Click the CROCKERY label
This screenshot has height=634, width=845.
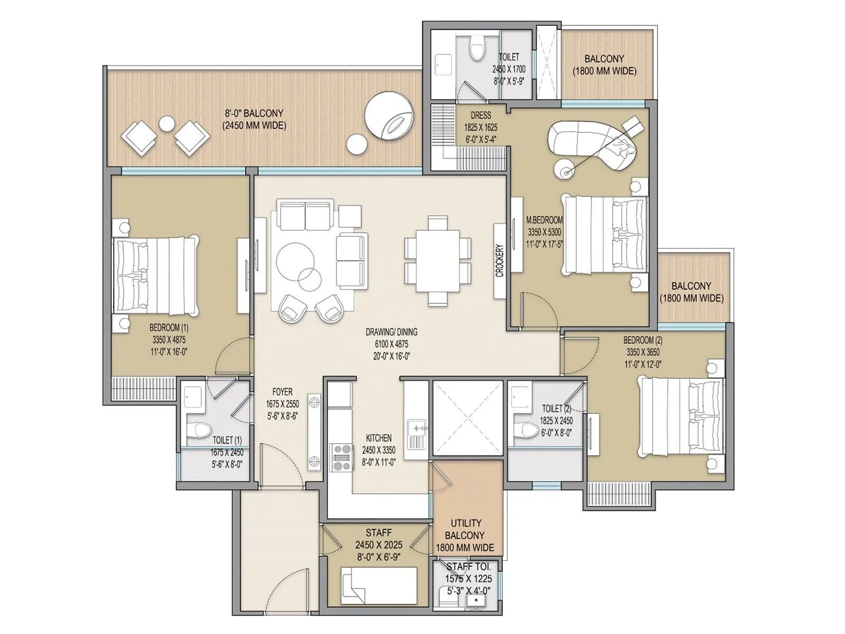point(500,260)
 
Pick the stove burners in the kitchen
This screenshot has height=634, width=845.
point(342,457)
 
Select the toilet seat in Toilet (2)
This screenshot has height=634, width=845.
point(525,430)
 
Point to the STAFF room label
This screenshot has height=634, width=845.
point(378,533)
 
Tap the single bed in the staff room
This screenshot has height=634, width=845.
point(378,585)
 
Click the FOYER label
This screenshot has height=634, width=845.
point(283,391)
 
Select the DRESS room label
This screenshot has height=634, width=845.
point(480,115)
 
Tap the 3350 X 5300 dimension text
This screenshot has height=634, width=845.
point(544,231)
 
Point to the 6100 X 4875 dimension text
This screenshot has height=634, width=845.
point(391,344)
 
